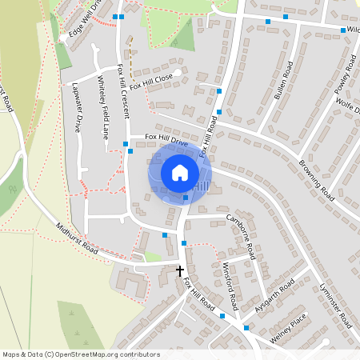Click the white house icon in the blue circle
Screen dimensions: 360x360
[x=179, y=172]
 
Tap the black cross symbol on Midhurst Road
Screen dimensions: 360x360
[x=180, y=271]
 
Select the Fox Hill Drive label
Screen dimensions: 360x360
[x=166, y=140]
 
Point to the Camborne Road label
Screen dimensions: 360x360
[x=240, y=236]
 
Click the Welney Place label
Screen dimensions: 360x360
[x=288, y=330]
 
